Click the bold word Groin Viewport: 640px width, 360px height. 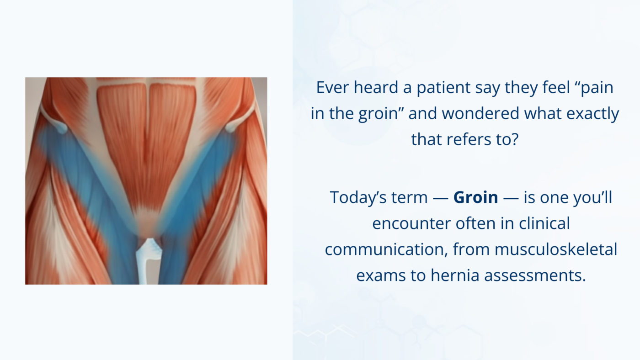tap(475, 197)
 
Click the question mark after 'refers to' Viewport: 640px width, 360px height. tap(515, 139)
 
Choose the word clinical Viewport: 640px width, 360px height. tap(544, 223)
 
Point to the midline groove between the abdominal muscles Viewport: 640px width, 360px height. tap(147, 137)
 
